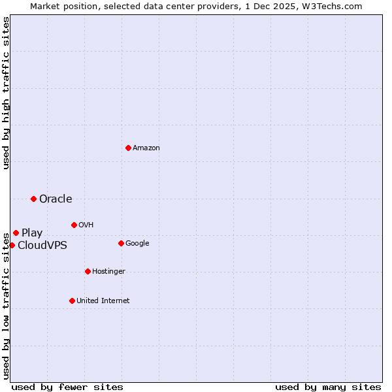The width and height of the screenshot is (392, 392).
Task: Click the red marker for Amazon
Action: click(128, 148)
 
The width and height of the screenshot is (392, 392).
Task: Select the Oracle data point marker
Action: click(33, 199)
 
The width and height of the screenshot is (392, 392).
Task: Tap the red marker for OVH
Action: click(74, 225)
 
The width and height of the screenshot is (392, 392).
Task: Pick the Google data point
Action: click(121, 243)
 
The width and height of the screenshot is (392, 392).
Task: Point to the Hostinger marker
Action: click(88, 271)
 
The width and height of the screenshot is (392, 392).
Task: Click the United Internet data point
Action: click(72, 301)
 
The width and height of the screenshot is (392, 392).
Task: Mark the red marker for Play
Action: click(16, 233)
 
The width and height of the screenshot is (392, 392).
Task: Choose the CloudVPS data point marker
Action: click(12, 245)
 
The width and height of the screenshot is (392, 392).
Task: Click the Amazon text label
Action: click(146, 148)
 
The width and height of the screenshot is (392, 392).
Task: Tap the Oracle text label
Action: click(56, 199)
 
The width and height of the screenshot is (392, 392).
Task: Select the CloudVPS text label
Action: click(42, 246)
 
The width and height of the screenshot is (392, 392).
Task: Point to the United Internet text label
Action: click(103, 301)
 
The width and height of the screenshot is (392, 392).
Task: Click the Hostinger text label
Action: click(108, 272)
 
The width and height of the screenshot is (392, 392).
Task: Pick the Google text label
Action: click(137, 244)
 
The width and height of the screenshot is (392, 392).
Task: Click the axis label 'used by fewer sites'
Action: click(67, 387)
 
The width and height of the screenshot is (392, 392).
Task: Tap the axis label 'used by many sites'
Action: click(328, 387)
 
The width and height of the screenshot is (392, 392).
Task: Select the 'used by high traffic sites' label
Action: click(6, 93)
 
